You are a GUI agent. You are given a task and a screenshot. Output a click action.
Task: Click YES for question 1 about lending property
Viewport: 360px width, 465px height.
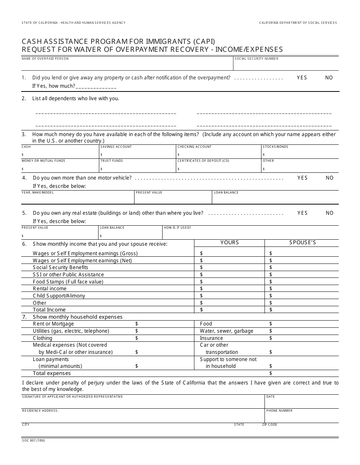point(302,77)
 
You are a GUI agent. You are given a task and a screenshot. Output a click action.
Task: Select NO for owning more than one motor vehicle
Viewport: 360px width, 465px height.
point(329,178)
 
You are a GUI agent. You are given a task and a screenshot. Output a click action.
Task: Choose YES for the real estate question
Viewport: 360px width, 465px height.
point(302,213)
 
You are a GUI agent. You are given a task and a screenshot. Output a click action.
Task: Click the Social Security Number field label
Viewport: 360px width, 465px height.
point(256,59)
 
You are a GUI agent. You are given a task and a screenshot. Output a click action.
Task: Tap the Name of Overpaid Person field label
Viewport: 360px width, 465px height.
point(45,59)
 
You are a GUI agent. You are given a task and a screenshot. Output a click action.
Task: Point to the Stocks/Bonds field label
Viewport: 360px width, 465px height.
point(275,147)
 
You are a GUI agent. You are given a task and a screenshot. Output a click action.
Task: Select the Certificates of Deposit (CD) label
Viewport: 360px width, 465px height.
point(203,161)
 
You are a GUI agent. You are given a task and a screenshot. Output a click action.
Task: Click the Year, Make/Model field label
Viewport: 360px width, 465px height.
point(38,192)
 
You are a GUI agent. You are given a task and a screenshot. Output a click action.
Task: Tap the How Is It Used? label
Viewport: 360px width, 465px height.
point(177,228)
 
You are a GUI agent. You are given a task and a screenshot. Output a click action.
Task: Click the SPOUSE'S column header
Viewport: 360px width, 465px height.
point(302,242)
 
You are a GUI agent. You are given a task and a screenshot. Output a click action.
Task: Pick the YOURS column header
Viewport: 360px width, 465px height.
point(230,242)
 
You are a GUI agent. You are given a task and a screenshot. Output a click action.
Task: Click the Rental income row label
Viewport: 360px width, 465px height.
point(50,288)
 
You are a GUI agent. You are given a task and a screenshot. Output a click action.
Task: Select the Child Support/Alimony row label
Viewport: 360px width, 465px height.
point(59,296)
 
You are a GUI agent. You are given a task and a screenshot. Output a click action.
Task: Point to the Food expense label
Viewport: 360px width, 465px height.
point(206,324)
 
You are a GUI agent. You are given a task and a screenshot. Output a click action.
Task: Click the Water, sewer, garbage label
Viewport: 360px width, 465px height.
point(226,331)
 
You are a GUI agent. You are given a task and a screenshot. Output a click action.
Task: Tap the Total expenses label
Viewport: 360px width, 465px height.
point(52,373)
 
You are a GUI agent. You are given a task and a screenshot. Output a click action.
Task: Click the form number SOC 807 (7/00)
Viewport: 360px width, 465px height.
point(33,440)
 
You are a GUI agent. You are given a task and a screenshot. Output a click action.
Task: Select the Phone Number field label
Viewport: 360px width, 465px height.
point(279,411)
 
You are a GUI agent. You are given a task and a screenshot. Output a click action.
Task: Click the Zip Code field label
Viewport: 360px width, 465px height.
point(269,425)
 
